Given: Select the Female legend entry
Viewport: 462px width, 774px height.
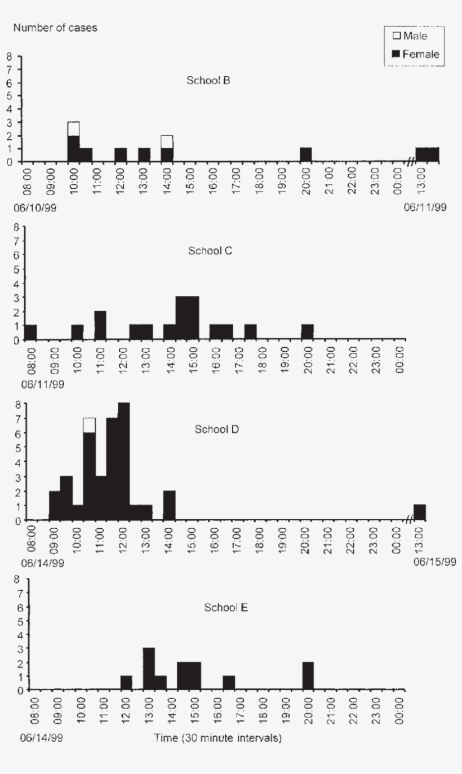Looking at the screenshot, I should [x=415, y=54].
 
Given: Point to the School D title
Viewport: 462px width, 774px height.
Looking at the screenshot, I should [x=217, y=429].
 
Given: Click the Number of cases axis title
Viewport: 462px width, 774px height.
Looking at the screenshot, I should [x=55, y=28].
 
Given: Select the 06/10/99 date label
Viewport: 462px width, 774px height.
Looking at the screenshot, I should [x=34, y=208].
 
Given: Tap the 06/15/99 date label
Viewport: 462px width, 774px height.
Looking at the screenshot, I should [x=425, y=562].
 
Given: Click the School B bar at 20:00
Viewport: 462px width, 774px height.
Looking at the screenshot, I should [x=306, y=154].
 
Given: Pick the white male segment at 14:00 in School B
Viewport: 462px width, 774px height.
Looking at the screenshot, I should [x=167, y=141].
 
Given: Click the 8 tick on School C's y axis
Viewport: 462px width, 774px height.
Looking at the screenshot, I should [x=17, y=227].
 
